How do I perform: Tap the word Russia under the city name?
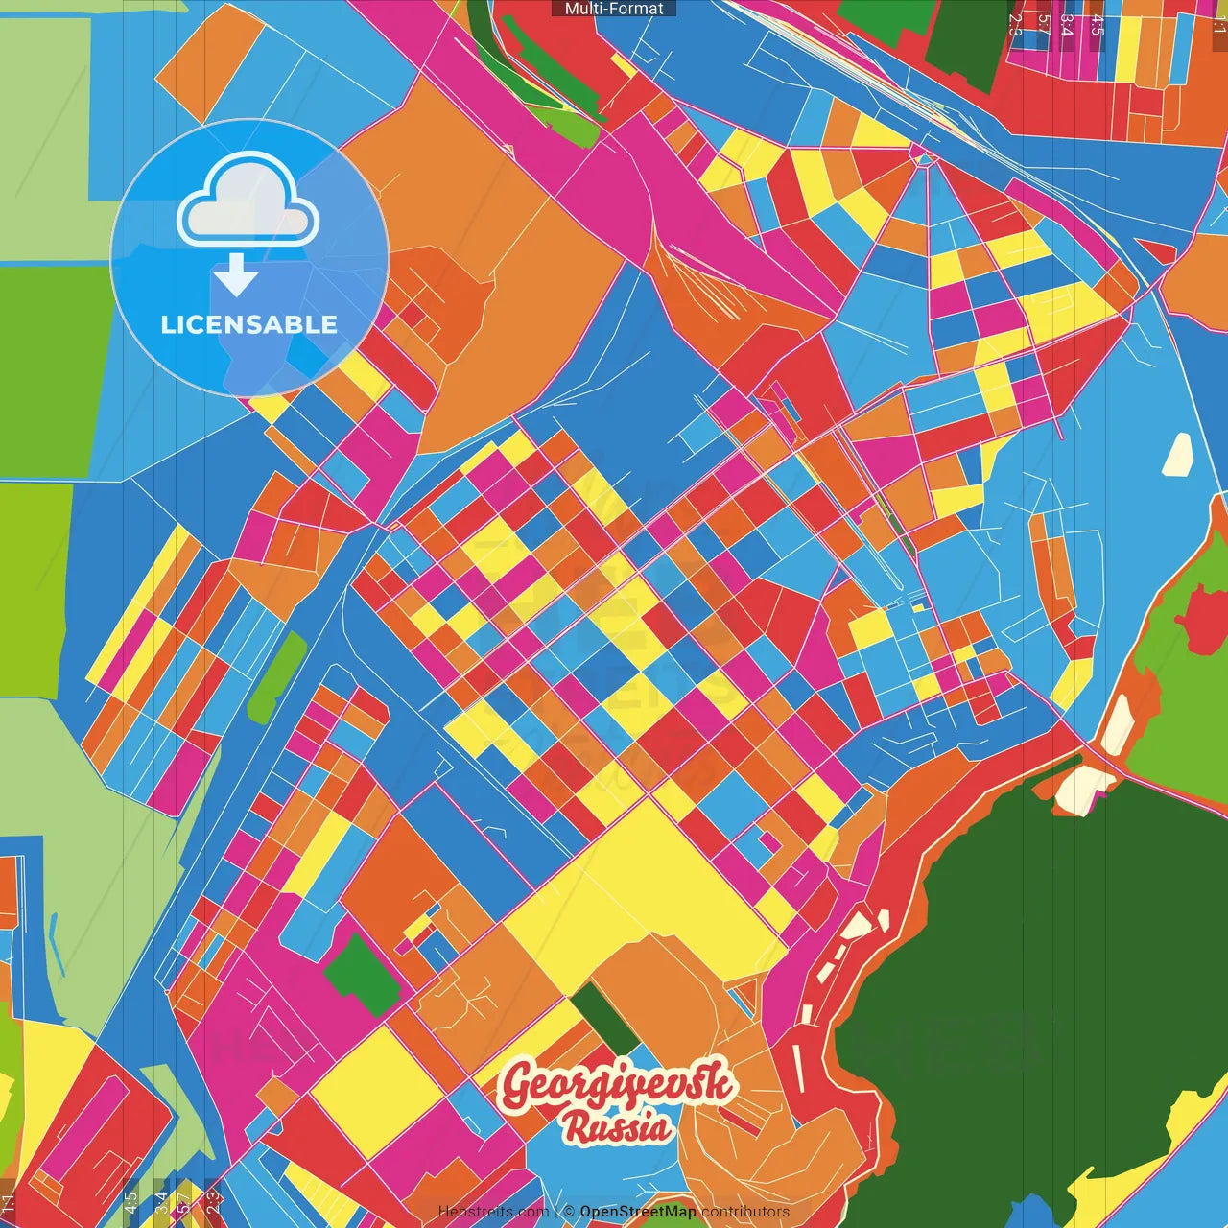617,1127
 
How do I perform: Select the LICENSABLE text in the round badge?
248,324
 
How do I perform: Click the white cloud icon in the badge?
248,203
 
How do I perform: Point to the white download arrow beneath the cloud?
236,275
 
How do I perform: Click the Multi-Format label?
614,9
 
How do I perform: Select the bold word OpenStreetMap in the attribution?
637,1212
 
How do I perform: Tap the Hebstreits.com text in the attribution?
493,1212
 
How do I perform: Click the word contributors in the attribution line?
745,1212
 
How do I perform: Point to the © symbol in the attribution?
568,1212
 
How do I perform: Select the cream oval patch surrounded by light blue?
1177,455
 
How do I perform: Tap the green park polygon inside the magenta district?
361,975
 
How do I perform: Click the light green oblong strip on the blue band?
276,677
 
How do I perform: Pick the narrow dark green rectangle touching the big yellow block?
605,1020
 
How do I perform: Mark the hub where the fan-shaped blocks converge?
924,158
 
